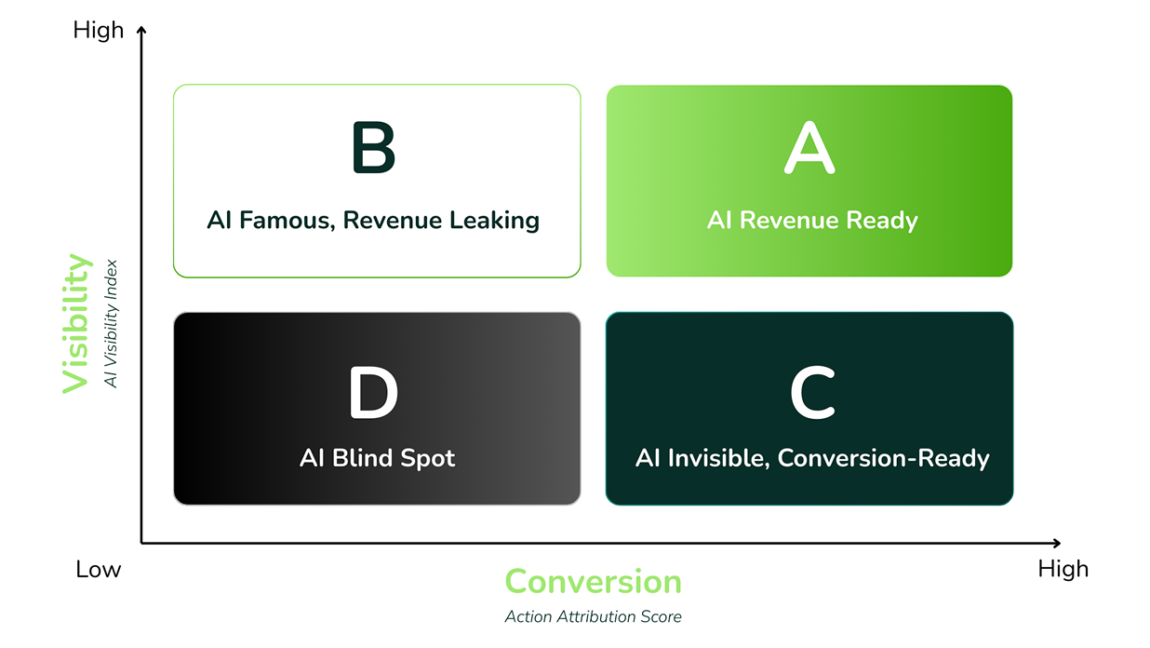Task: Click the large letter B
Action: [x=374, y=147]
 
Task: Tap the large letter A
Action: [x=809, y=147]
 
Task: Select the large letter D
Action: [x=373, y=393]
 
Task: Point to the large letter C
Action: [x=812, y=393]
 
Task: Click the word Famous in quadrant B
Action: [x=287, y=220]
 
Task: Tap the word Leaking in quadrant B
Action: [x=494, y=221]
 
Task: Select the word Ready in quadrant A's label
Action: [x=881, y=221]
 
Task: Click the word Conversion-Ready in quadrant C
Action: [x=883, y=459]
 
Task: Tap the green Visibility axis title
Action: [x=77, y=324]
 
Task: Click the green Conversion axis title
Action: [x=593, y=582]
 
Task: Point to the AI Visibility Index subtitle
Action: [x=111, y=324]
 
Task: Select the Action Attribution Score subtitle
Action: [x=593, y=616]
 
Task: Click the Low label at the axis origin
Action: [x=98, y=570]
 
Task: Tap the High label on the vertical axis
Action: [x=99, y=30]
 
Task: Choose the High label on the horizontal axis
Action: [x=1063, y=570]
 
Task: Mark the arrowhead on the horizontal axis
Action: [x=1057, y=543]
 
